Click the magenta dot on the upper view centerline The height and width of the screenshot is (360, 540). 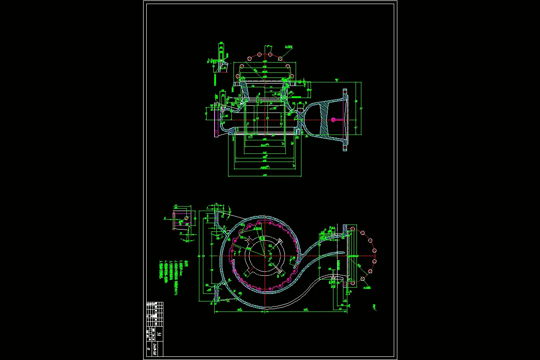333,119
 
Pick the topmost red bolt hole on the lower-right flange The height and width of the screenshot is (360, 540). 352,229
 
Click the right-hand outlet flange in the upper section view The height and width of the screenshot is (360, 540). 346,119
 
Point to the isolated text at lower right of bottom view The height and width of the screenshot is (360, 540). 375,307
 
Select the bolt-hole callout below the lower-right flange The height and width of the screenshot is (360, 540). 367,287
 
